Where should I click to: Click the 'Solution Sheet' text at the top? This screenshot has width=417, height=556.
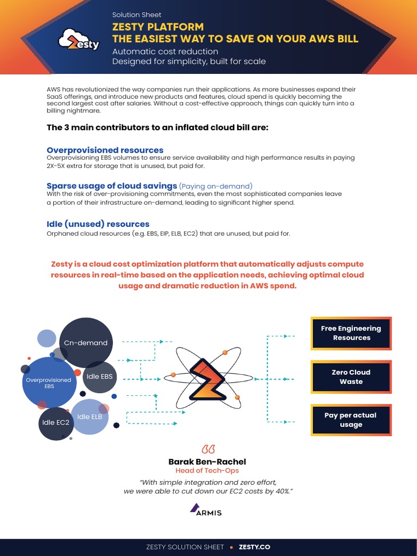tap(136, 15)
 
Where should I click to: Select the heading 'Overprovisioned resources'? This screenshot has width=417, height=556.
tap(105, 150)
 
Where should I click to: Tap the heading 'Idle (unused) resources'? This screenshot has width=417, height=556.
tap(98, 224)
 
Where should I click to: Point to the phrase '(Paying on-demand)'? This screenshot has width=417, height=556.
tap(216, 186)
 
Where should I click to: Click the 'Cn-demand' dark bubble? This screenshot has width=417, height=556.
tap(86, 343)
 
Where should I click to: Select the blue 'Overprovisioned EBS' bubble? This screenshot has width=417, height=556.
tap(49, 383)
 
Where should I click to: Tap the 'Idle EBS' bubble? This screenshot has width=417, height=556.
tap(99, 376)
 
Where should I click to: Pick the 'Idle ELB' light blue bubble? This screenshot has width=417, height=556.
tap(90, 416)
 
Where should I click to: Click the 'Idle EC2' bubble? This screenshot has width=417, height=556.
tap(56, 422)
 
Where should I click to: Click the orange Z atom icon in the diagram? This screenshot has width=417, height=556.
tap(205, 378)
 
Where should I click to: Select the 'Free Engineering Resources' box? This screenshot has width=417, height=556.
tap(351, 333)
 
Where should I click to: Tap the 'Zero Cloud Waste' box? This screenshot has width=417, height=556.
tap(351, 377)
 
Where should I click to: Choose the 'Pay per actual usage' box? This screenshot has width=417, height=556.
tap(351, 420)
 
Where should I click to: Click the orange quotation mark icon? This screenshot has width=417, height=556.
tap(208, 450)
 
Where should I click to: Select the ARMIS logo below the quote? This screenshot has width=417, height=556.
tap(206, 510)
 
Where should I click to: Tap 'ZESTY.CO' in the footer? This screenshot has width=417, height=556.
tap(255, 547)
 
